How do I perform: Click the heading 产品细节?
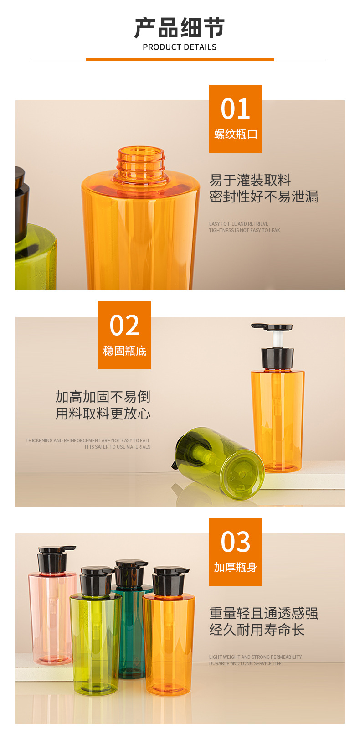tap(180, 28)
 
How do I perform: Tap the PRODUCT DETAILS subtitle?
tap(180, 47)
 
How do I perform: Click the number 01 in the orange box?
tap(235, 109)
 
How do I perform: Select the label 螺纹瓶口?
tap(235, 135)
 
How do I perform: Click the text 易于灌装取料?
tap(250, 180)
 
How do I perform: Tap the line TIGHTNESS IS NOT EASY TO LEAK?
tap(244, 230)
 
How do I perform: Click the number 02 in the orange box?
tap(124, 325)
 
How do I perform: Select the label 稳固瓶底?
tap(124, 351)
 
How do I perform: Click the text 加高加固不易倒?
tap(103, 397)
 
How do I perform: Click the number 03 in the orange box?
tap(235, 542)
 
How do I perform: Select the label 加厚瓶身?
tap(235, 567)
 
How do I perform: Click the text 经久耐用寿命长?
tap(257, 630)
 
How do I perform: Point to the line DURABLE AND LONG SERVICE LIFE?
tap(245, 663)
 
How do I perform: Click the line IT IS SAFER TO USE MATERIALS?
tap(117, 447)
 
